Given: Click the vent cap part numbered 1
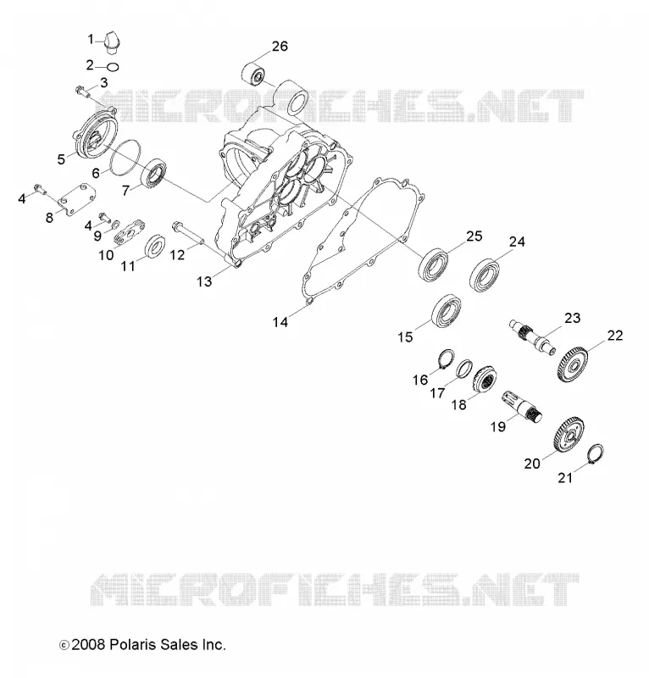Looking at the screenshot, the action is point(113,42).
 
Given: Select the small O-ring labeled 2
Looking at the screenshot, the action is point(113,67).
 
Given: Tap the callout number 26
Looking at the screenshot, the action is point(280,46).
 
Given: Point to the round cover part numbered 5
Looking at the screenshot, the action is point(96,134).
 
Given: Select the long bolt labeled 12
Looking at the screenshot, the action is point(187,234).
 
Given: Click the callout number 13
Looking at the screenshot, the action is point(204,281).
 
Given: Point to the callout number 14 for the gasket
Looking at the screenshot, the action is point(280,322).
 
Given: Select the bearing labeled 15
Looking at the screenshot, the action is point(447,310).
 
